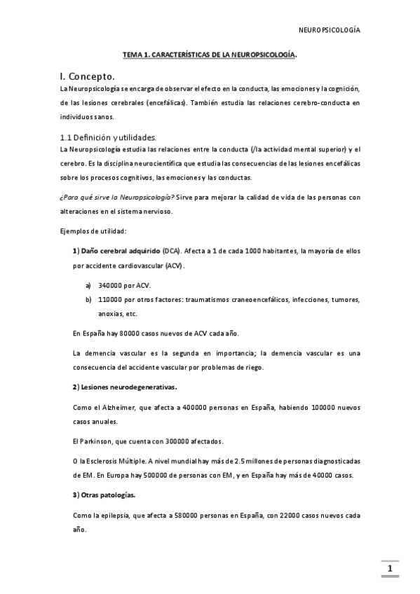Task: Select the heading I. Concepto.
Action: pyautogui.click(x=88, y=76)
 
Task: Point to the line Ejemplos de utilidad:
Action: pyautogui.click(x=93, y=231)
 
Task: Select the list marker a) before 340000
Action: pyautogui.click(x=88, y=285)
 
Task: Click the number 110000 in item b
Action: pyautogui.click(x=113, y=299)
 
